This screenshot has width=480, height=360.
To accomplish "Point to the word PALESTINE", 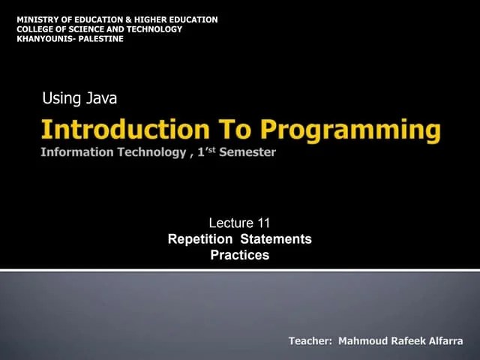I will (100, 39).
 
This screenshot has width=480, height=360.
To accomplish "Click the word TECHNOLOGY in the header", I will (154, 29).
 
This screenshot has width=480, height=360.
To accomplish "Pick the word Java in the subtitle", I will (101, 98).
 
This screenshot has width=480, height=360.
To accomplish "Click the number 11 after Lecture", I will (263, 223).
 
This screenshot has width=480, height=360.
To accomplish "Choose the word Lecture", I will (231, 223).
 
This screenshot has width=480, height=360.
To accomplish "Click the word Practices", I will (239, 256).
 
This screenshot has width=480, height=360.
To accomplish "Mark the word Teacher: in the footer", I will (310, 341).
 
